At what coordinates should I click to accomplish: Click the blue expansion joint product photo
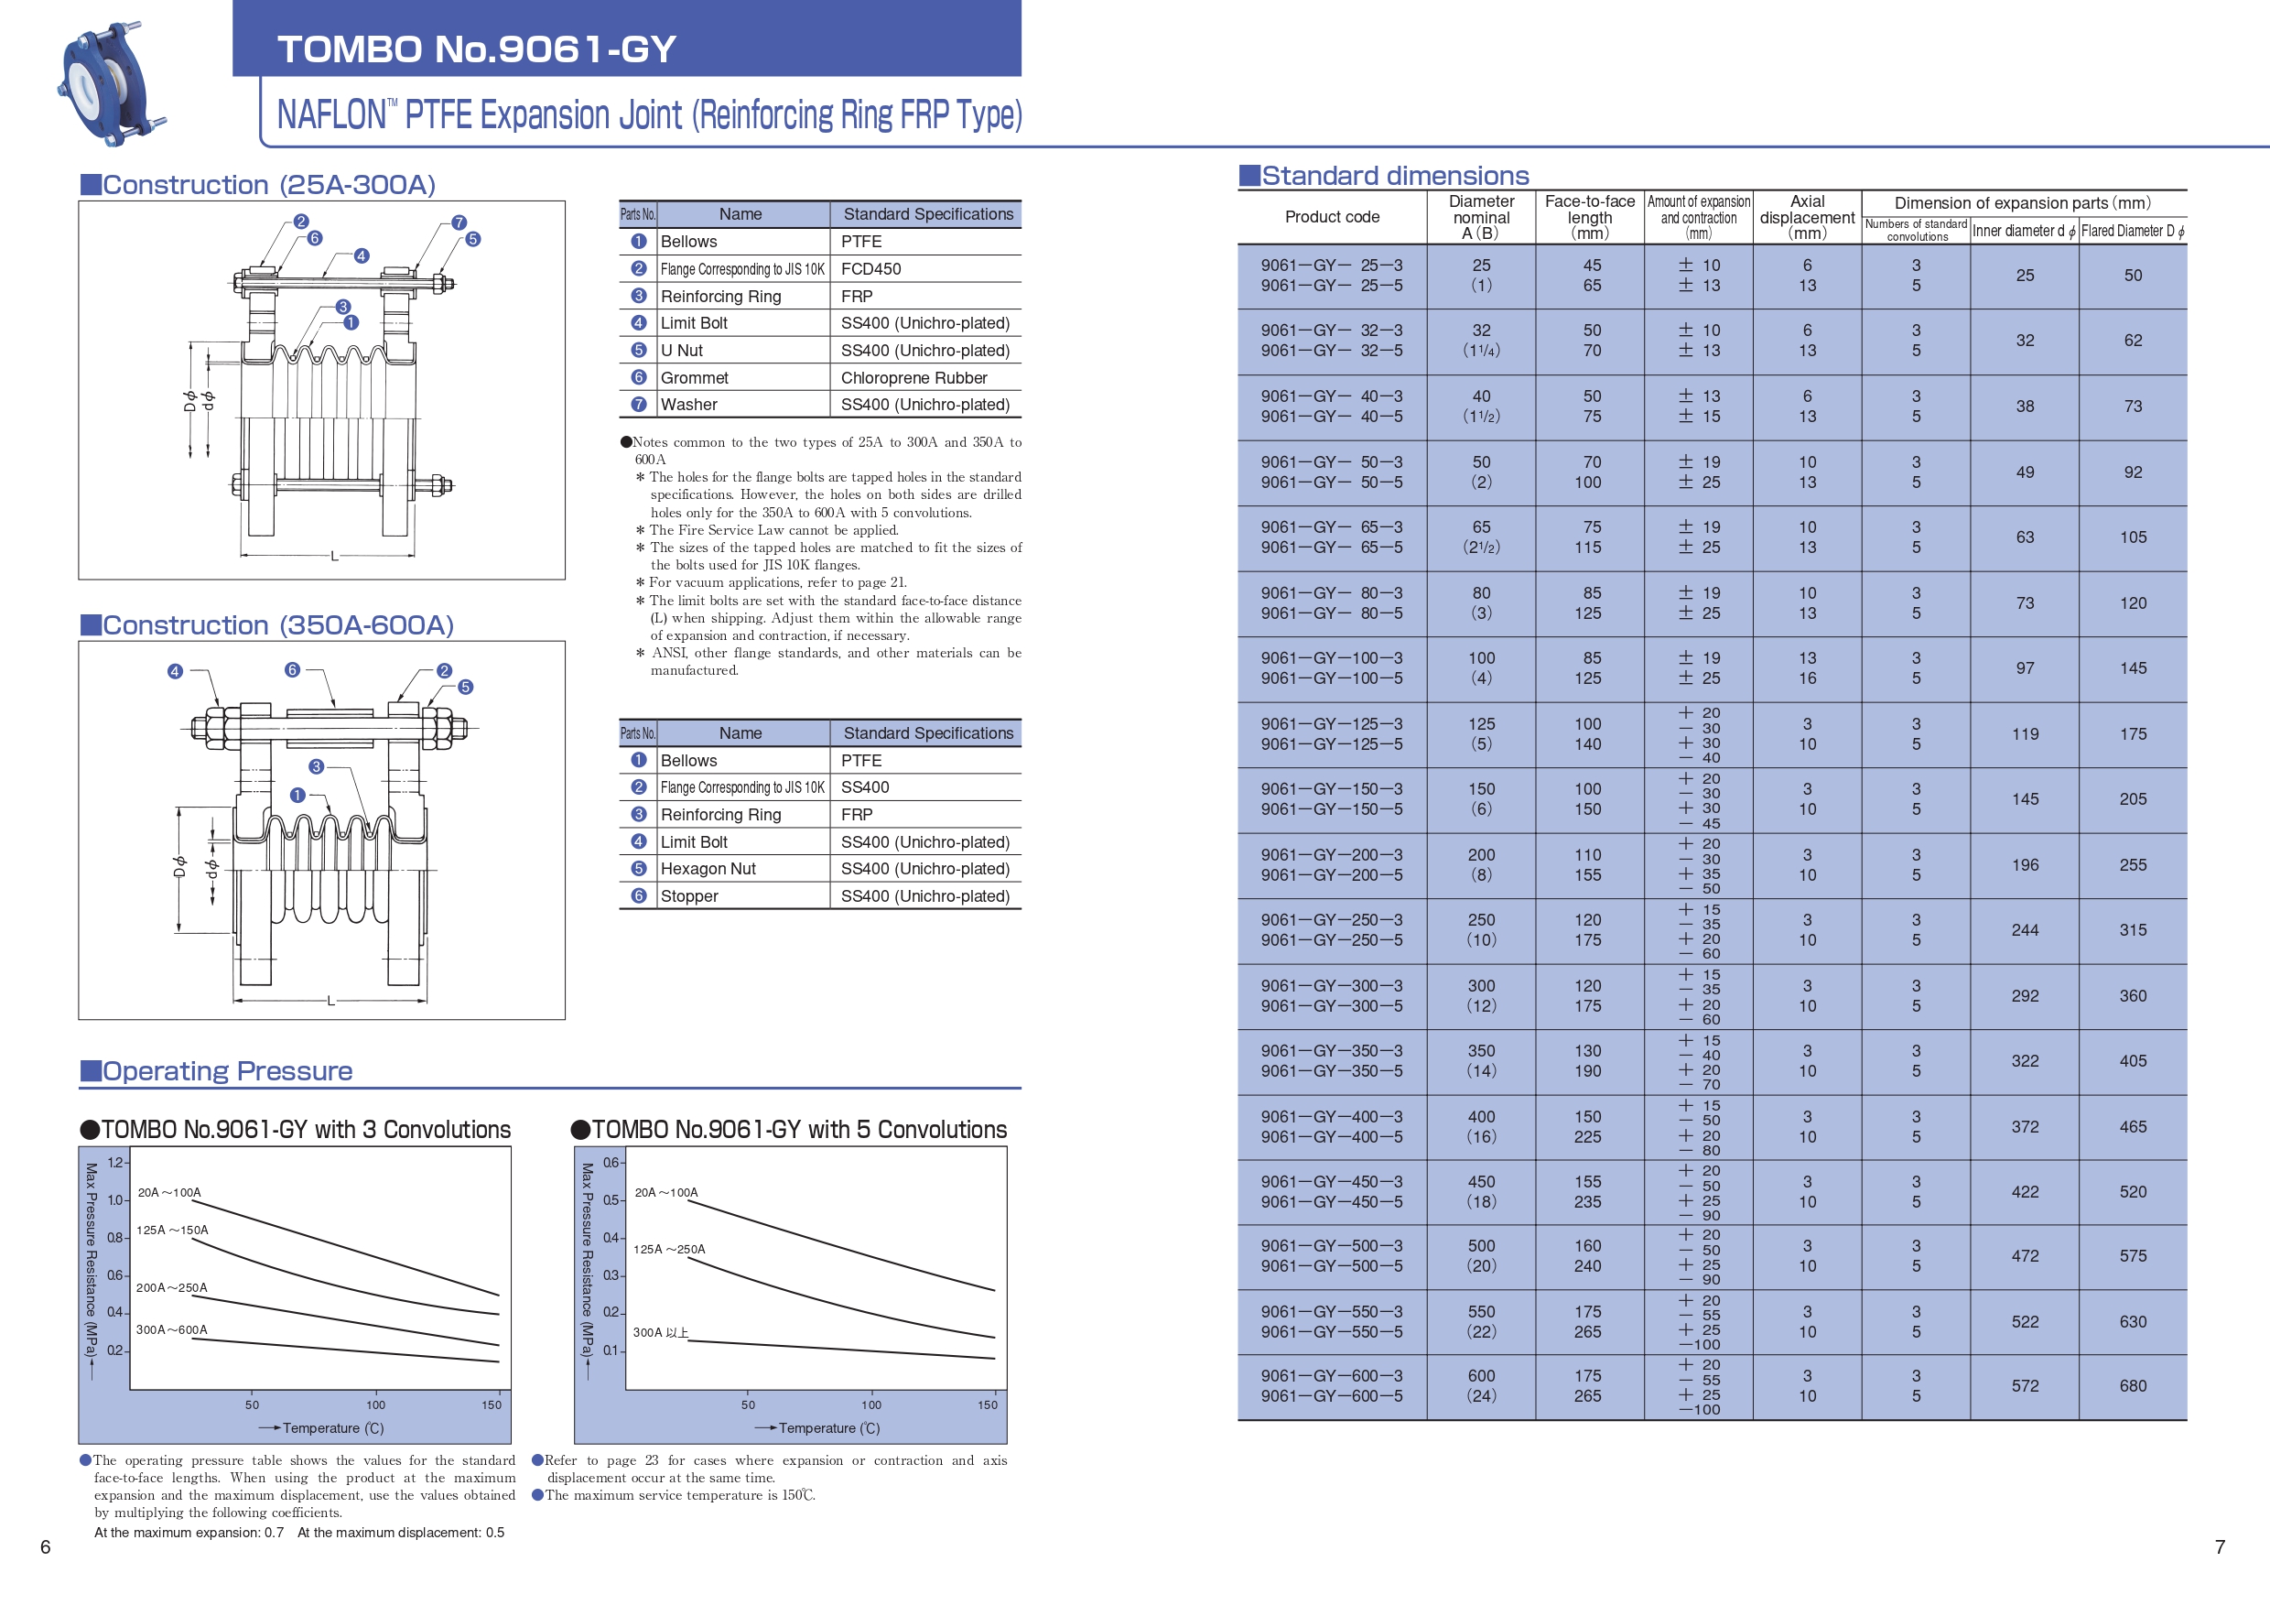[112, 85]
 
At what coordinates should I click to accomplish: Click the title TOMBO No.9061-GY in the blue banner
[477, 49]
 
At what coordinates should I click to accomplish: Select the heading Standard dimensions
[1394, 176]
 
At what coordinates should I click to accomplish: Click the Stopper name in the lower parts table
[689, 896]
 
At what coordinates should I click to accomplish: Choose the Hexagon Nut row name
[708, 868]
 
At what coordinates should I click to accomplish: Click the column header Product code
[1332, 217]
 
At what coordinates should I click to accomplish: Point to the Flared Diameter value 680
[2133, 1385]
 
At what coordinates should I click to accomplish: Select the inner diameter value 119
[2025, 733]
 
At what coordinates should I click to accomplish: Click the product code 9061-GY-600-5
[1331, 1396]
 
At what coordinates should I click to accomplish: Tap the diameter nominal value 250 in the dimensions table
[1481, 919]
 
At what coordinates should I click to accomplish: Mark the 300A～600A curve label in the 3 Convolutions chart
[172, 1329]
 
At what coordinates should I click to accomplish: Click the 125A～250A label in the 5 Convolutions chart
[669, 1249]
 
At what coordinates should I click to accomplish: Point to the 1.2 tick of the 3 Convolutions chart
[115, 1163]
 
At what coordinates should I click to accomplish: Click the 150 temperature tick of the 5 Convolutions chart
[988, 1404]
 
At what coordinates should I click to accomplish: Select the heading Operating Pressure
[227, 1071]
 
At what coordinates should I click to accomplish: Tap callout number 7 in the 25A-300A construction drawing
[459, 222]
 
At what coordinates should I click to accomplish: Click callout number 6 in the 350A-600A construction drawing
[292, 669]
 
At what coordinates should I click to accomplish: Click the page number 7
[2220, 1546]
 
